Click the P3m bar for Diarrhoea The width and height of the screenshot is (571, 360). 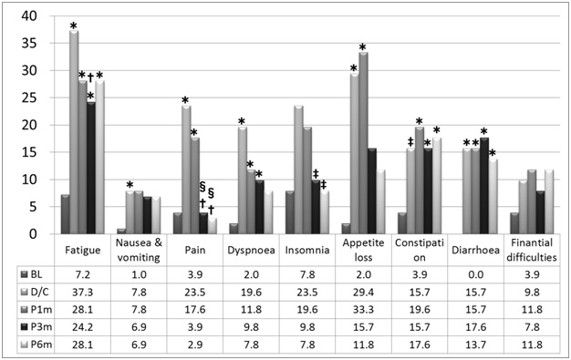[483, 186]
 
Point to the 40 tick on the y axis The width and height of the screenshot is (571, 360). [33, 15]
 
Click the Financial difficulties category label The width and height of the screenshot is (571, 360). [533, 252]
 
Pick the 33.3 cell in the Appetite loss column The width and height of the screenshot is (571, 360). [364, 309]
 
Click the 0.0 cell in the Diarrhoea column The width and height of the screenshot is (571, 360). [476, 274]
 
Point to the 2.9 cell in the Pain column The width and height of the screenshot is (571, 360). [195, 344]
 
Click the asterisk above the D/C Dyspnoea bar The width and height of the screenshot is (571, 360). [242, 121]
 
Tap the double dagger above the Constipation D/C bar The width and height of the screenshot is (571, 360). [410, 140]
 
